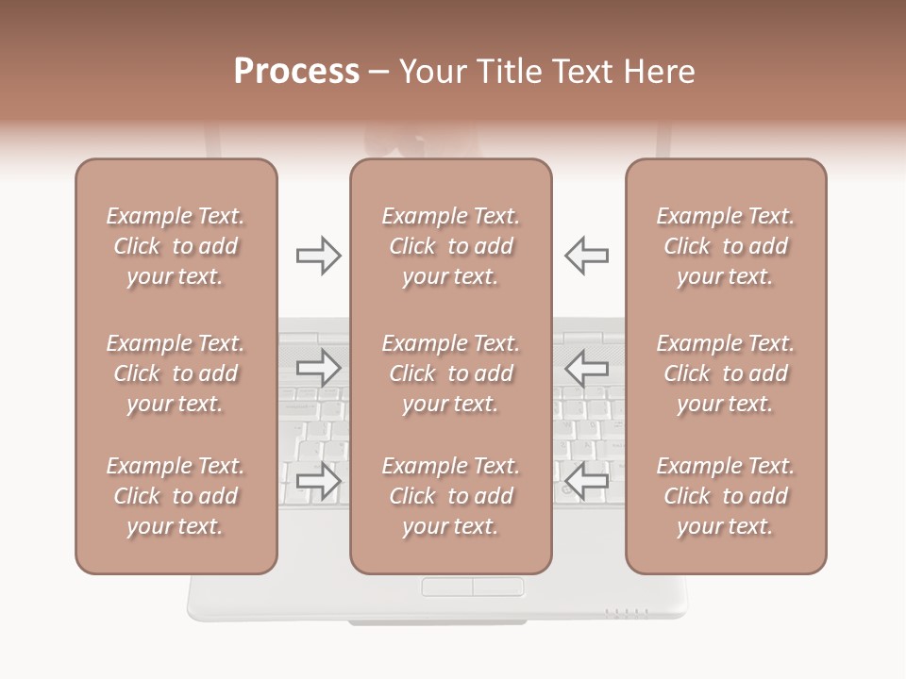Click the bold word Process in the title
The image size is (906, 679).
point(296,72)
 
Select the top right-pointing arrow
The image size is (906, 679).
point(319,256)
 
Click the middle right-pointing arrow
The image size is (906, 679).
point(319,368)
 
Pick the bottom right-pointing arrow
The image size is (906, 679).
point(319,481)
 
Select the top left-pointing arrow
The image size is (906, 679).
point(586,256)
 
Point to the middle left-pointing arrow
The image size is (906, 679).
point(586,368)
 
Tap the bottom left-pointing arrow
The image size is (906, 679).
point(586,481)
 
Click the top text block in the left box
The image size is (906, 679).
point(176,246)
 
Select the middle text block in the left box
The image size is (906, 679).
point(176,373)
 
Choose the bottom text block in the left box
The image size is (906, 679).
point(176,496)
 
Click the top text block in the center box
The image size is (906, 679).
point(451,246)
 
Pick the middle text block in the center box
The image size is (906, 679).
point(451,373)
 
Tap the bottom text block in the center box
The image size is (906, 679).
point(451,496)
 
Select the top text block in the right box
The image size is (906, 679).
point(726,246)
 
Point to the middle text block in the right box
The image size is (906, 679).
point(726,373)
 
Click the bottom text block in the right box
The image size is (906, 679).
point(726,496)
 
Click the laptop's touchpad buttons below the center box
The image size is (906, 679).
point(472,588)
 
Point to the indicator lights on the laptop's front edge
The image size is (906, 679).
point(627,612)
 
